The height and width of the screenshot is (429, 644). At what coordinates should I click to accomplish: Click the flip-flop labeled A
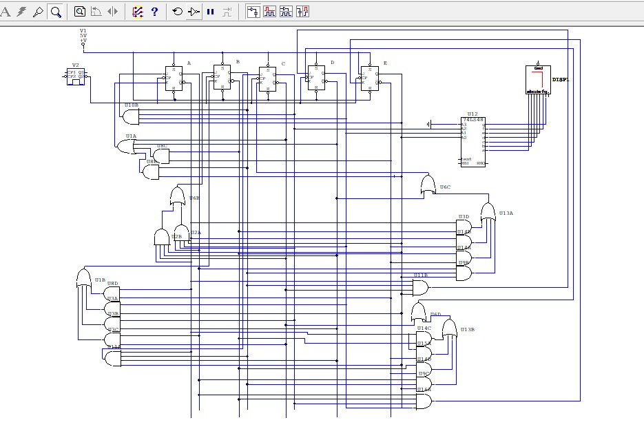tap(174, 78)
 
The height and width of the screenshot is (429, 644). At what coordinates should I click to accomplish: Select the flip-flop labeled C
tap(267, 79)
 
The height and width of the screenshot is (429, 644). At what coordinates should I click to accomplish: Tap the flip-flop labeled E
tap(369, 78)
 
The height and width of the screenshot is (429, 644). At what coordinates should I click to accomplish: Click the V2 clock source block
tap(76, 76)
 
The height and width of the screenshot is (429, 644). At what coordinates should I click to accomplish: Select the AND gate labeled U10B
tap(130, 116)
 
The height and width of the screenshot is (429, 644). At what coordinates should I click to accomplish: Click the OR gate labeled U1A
tap(126, 146)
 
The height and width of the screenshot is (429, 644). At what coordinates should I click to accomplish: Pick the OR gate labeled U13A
tap(488, 211)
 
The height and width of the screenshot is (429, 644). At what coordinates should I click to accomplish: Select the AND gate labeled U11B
tap(419, 288)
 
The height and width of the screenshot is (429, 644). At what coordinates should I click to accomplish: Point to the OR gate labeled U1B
tap(83, 279)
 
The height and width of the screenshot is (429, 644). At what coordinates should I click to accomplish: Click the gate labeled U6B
tap(178, 198)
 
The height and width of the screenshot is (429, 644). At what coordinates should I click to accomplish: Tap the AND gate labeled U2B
tap(162, 238)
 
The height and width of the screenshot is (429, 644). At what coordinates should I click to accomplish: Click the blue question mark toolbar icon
tap(154, 12)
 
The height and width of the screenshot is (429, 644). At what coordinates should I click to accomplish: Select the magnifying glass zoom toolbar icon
tap(55, 12)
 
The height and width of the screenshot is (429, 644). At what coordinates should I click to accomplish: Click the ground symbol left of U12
tap(429, 124)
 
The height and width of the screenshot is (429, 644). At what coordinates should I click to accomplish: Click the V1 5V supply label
tap(83, 36)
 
